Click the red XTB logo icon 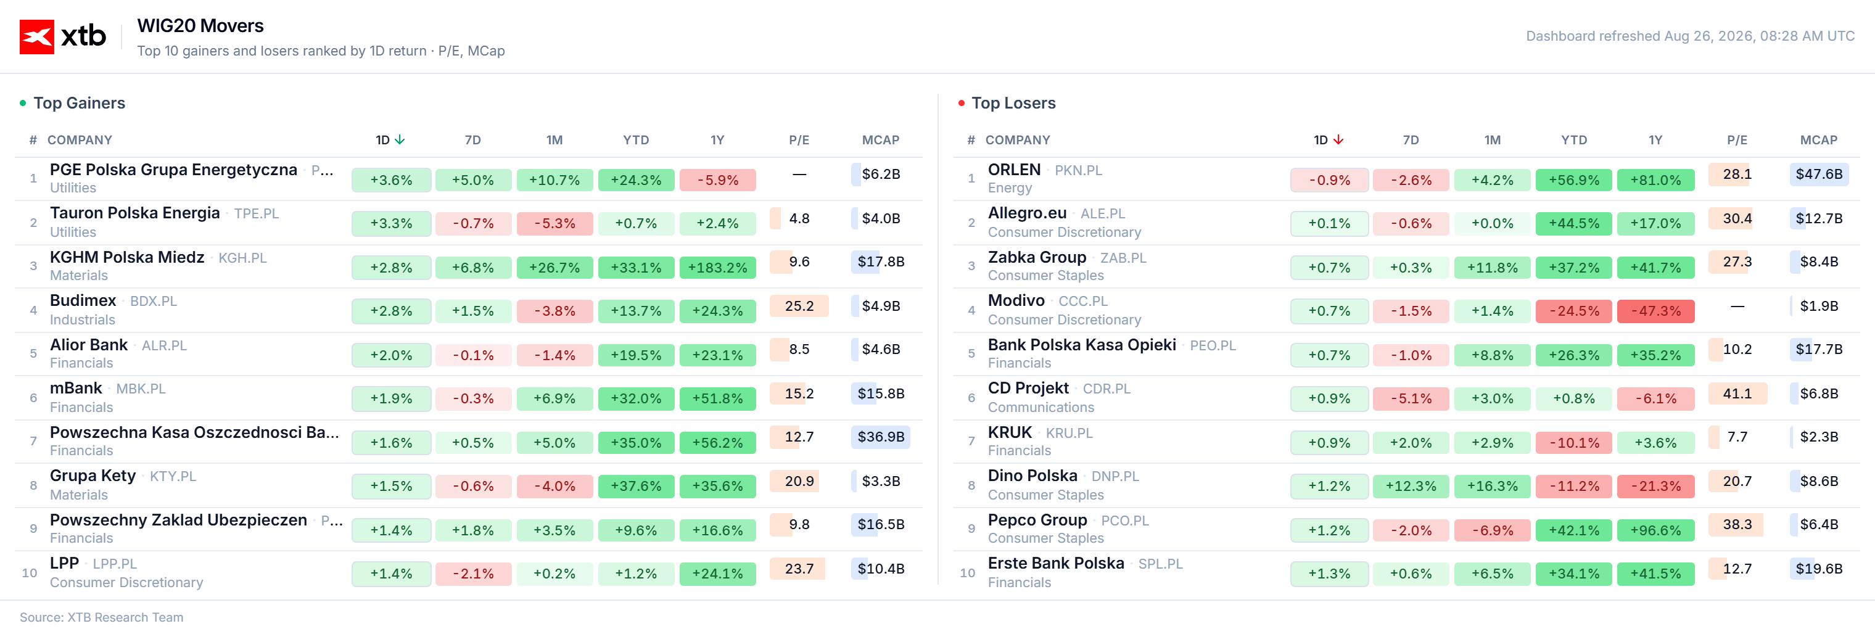coord(36,36)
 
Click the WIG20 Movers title coord(200,25)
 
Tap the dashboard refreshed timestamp coord(1690,36)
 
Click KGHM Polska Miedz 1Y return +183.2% coord(718,267)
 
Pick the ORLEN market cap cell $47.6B coord(1819,174)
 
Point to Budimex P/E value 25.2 coord(799,306)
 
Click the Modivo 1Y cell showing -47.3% coord(1656,311)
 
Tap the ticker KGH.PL coord(242,258)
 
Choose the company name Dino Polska coord(1032,475)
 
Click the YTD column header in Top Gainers coord(635,140)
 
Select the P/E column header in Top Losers coord(1737,140)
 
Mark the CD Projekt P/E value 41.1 coord(1737,393)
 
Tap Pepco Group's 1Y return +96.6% coord(1656,530)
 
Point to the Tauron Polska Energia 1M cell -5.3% coord(554,223)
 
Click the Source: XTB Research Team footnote coord(101,617)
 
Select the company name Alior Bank coord(89,344)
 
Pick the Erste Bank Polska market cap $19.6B coord(1819,569)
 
